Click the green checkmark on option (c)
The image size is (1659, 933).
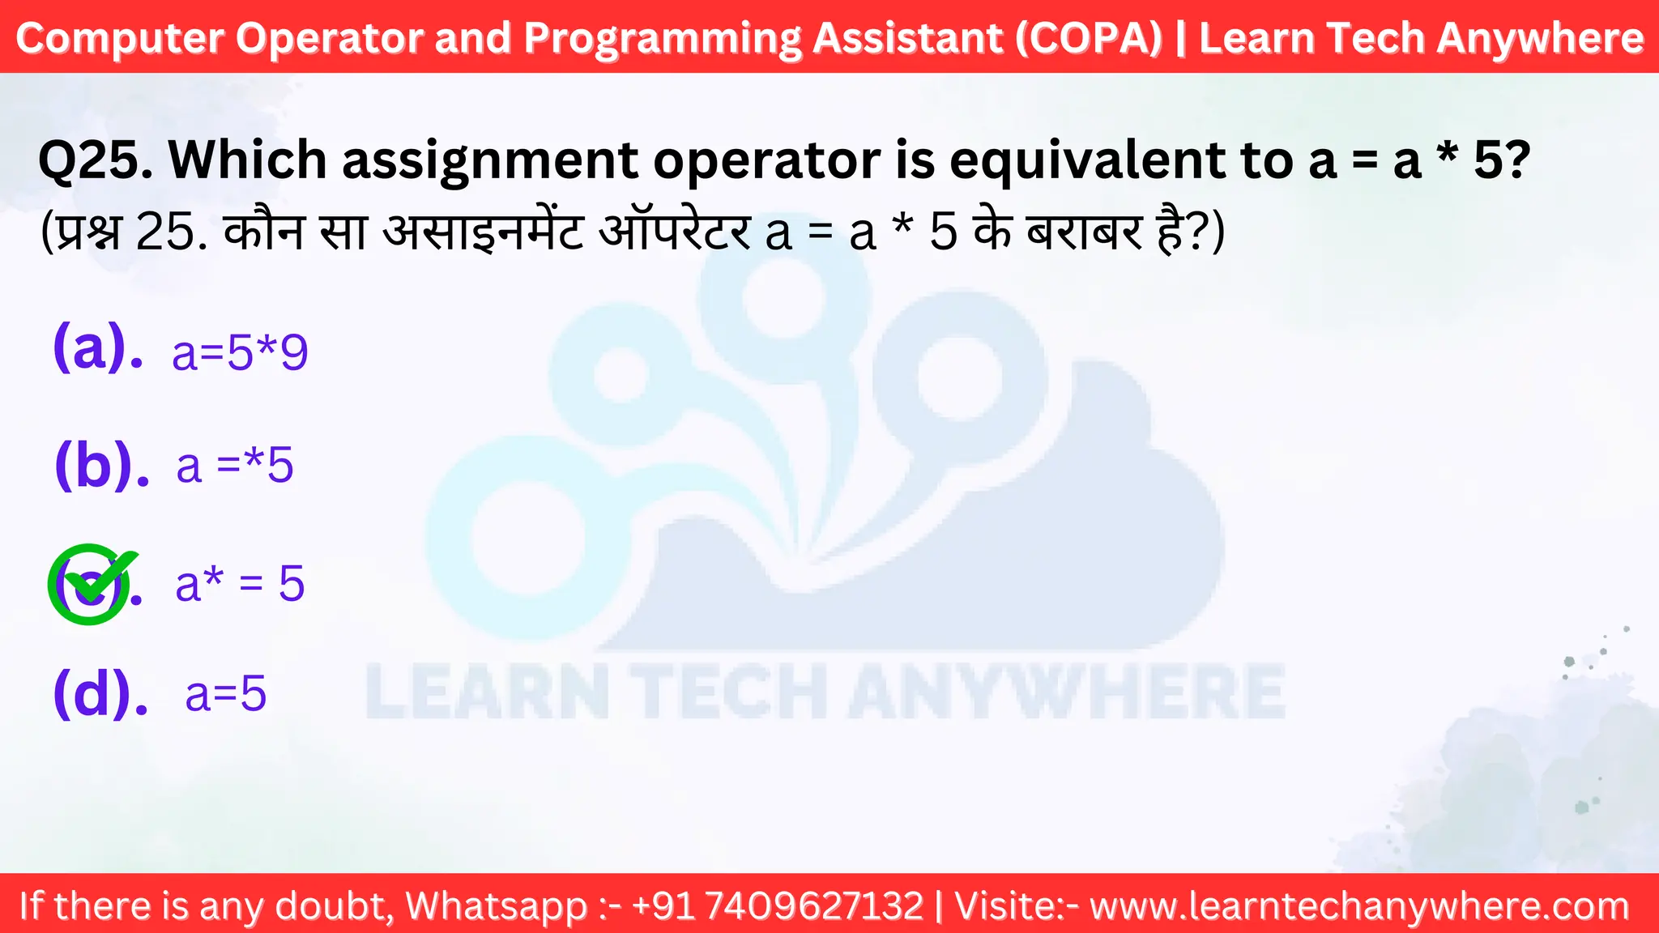(91, 582)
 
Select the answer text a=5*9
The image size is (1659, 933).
(240, 353)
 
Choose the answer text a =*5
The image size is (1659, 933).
(235, 466)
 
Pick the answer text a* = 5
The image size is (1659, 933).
(240, 583)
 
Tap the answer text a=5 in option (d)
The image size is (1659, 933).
(225, 694)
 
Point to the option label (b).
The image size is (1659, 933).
(101, 466)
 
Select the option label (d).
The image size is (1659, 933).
(100, 694)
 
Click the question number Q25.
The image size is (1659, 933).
(95, 160)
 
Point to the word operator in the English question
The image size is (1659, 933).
(766, 160)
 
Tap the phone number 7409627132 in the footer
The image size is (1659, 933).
(814, 905)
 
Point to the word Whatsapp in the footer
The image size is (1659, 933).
(497, 905)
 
